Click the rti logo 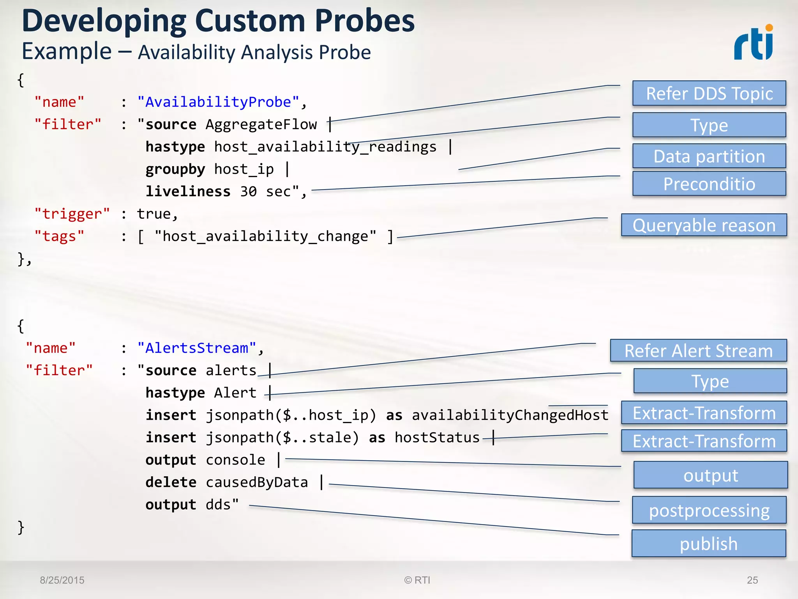coord(753,43)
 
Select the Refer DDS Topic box coord(709,94)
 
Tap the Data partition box coord(709,156)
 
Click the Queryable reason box coord(704,225)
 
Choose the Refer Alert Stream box coord(698,351)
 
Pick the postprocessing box coord(709,510)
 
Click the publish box coord(709,543)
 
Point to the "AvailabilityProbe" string coord(218,102)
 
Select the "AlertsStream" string coord(196,348)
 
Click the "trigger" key coord(72,214)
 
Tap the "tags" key coord(59,236)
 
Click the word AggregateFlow coord(261,124)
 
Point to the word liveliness coord(188,191)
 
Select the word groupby coord(175,169)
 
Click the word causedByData coord(257,482)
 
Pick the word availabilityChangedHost coord(510,415)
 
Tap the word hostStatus coord(437,438)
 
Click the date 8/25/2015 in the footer coord(62,580)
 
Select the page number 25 coord(752,580)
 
